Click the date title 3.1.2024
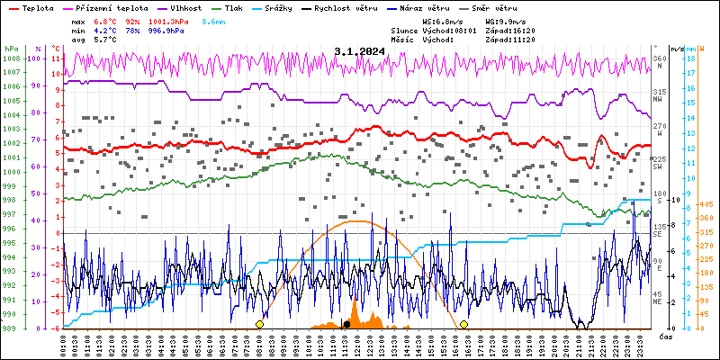point(359,51)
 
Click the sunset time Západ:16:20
point(509,30)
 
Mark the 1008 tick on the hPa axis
point(11,58)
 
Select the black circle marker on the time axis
point(346,324)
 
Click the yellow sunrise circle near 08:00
point(259,324)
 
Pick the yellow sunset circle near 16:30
point(463,324)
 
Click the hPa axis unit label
point(11,49)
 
